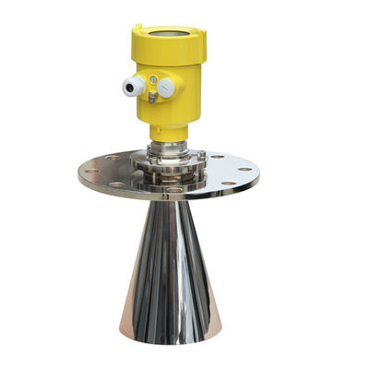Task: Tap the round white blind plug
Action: coord(166,88)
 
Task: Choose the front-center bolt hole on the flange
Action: coord(172,189)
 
